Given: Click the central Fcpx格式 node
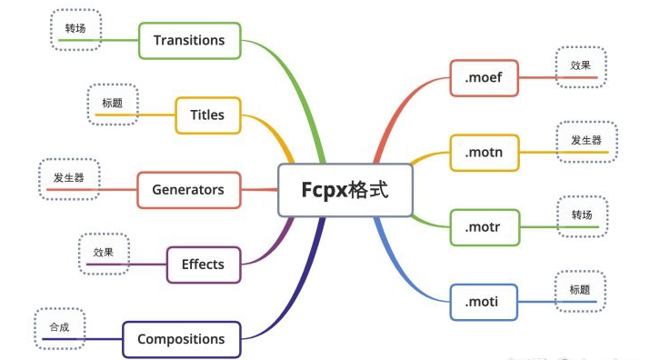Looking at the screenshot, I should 345,190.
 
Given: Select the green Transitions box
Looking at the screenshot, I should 189,40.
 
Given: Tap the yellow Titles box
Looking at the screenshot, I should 207,115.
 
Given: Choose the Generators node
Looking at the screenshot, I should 188,190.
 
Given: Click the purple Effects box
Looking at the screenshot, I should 203,265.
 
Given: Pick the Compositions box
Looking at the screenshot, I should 181,339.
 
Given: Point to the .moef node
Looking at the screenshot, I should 484,78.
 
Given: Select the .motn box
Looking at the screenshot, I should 484,152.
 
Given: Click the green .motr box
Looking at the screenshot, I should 484,226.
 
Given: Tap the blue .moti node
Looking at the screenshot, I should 484,301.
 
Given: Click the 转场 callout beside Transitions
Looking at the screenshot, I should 75,29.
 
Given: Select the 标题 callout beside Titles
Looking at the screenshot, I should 113,105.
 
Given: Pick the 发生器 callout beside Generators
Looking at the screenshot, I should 68,178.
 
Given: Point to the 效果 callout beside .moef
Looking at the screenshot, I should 582,67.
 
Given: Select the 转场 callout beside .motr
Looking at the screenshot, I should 582,215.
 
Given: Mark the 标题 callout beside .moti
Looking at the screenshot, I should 580,290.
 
